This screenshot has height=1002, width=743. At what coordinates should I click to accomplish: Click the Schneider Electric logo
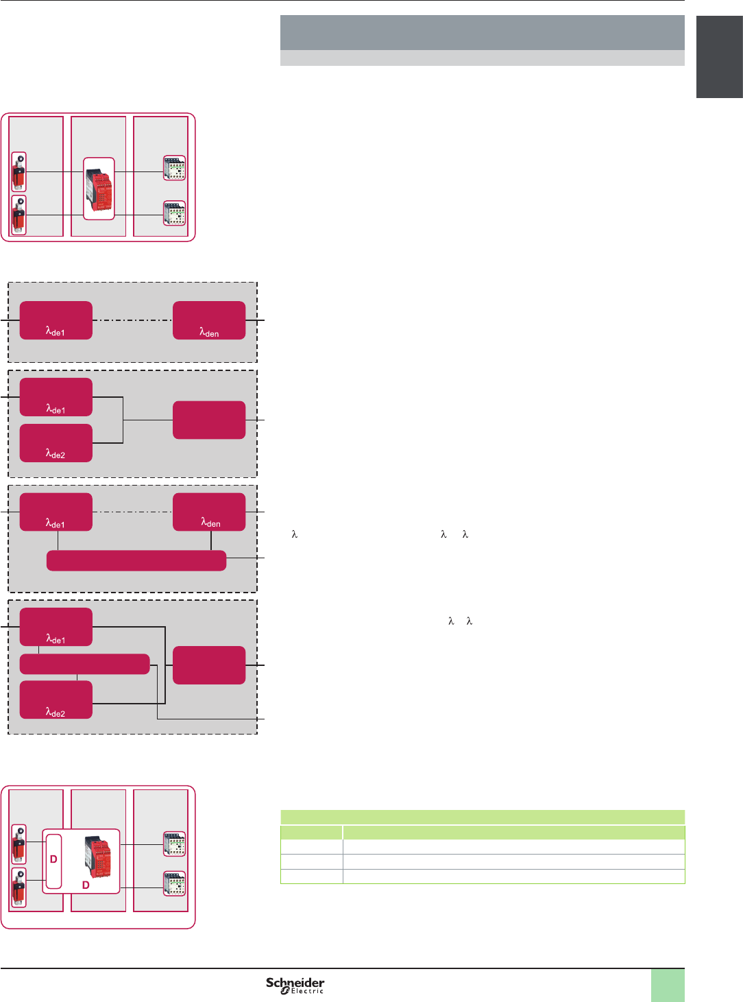point(295,985)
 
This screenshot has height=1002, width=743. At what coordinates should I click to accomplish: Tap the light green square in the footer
point(667,985)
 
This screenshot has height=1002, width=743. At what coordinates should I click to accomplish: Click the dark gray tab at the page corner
point(719,57)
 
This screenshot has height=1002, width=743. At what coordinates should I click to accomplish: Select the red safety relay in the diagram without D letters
point(99,189)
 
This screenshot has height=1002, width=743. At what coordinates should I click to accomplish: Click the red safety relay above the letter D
point(97,856)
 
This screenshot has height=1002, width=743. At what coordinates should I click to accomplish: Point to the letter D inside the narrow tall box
point(53,859)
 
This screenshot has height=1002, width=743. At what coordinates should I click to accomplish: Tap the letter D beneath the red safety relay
point(86,885)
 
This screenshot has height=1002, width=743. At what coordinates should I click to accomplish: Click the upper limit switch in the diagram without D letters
point(19,172)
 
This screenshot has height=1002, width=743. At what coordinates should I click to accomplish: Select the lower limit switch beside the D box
point(19,887)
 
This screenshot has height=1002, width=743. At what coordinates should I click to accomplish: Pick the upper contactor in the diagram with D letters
point(174,844)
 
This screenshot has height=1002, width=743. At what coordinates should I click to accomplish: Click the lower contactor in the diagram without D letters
point(174,213)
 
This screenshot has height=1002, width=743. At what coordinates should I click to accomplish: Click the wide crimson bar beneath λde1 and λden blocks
point(136,560)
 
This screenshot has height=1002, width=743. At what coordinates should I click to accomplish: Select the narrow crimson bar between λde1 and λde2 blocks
point(84,664)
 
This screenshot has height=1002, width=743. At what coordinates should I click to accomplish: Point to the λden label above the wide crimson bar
point(210,523)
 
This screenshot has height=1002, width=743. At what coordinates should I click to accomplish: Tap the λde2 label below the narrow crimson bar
point(56,713)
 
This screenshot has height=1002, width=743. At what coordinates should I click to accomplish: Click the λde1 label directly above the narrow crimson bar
point(56,639)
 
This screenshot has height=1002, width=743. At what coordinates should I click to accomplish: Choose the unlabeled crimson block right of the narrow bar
point(209,665)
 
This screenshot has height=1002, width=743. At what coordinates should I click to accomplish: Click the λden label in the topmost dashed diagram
point(209,333)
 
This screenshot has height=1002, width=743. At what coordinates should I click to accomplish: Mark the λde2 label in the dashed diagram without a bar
point(56,454)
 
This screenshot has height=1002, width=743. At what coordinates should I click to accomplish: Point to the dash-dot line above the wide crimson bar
point(132,512)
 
